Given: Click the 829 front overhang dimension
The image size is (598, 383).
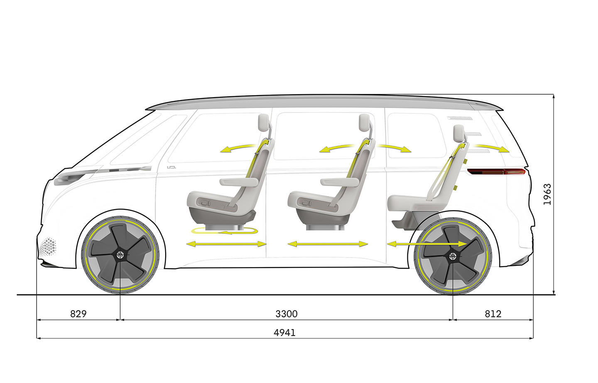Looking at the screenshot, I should (x=78, y=314).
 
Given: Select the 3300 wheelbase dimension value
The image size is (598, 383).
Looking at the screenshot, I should (x=286, y=314).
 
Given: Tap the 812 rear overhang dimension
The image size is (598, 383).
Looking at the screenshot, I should (x=493, y=314).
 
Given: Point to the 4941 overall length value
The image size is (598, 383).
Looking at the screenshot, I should (x=284, y=332).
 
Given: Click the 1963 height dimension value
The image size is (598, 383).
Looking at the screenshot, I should (x=547, y=194).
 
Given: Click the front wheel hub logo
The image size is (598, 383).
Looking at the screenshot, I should (x=120, y=255).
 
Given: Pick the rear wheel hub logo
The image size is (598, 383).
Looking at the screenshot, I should (x=453, y=255).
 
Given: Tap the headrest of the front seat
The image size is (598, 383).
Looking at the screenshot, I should (x=265, y=122).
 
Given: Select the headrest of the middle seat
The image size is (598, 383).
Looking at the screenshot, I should (x=365, y=122).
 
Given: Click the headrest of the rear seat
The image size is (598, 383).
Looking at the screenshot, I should (x=458, y=133).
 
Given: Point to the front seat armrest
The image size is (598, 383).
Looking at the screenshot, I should (x=239, y=182).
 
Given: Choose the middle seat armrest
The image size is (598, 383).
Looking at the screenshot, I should (x=340, y=182).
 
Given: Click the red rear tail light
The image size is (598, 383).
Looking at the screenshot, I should (x=496, y=171).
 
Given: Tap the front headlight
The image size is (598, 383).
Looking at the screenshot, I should (x=69, y=178).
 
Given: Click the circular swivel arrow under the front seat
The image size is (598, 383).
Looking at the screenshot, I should (x=223, y=231).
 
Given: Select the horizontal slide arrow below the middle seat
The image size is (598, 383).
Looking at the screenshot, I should (x=328, y=244).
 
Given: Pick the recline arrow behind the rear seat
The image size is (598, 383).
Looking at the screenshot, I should (x=492, y=147).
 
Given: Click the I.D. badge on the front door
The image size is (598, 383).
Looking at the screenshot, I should (x=171, y=167).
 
